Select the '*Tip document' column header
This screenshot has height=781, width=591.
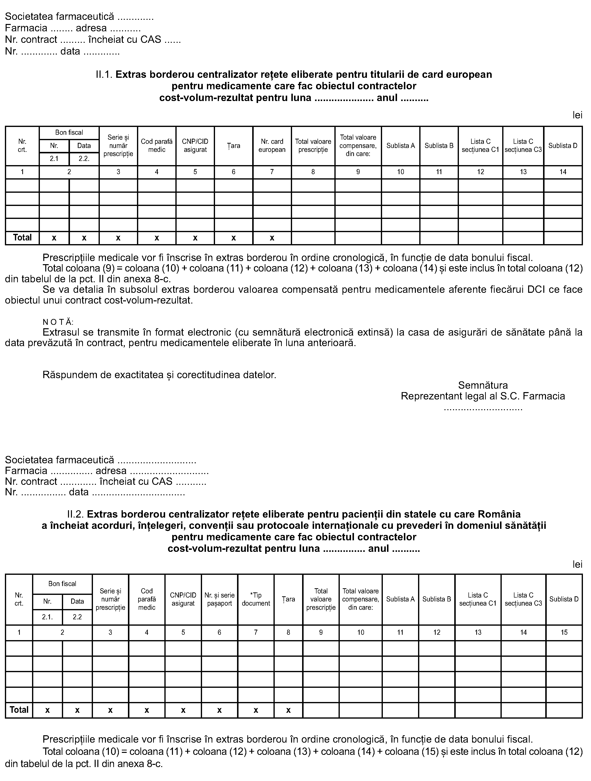point(256,599)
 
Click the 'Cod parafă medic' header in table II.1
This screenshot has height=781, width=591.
point(157,146)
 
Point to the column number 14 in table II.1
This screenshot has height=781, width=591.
point(563,172)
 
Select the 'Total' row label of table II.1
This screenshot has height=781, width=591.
point(22,238)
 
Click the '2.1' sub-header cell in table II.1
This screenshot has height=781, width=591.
point(54,159)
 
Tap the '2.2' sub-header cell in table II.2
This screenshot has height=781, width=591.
point(77,617)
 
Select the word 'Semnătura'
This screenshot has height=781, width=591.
point(483,385)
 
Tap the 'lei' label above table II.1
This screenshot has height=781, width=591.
point(577,115)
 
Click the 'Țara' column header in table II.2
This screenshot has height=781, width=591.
point(288,599)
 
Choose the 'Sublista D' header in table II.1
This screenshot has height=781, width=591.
point(563,146)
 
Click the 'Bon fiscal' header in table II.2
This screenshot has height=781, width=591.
point(62,584)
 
